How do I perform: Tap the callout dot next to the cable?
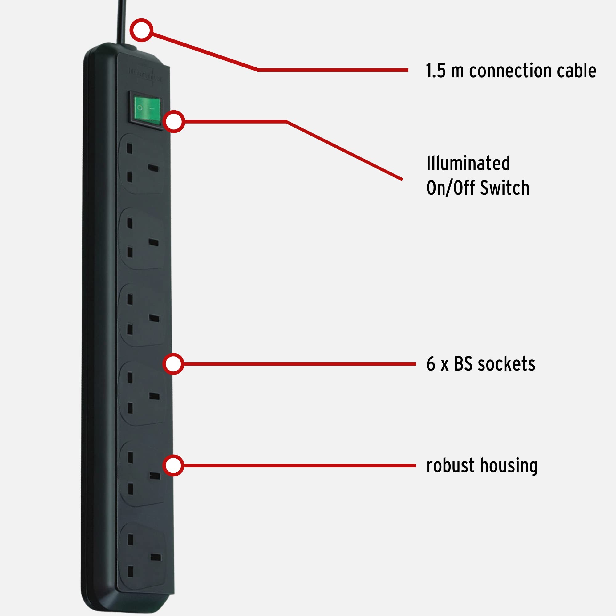tap(141, 30)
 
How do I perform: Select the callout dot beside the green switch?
tap(174, 121)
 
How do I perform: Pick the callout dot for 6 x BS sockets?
tap(173, 364)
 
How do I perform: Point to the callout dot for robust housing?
tap(173, 465)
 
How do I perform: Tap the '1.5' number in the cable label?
tap(436, 71)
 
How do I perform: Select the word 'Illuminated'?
tap(468, 163)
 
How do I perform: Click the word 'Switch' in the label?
tap(505, 188)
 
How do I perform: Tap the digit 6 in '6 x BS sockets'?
tap(431, 364)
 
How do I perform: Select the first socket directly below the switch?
tap(141, 163)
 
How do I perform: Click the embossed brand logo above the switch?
tap(145, 73)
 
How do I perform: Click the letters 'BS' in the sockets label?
tap(463, 364)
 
